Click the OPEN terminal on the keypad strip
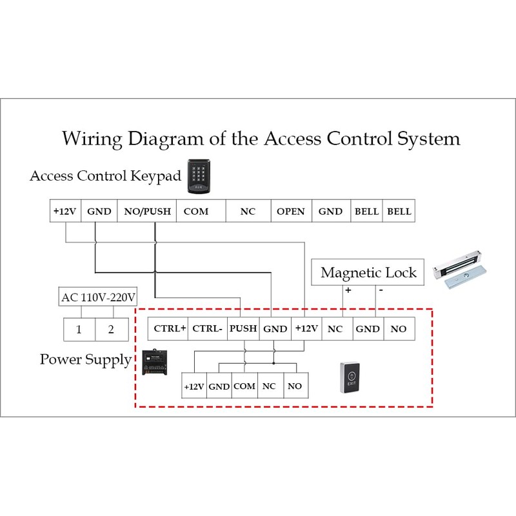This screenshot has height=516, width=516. click(290, 212)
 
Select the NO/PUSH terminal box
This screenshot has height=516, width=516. click(148, 212)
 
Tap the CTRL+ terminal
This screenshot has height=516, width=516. click(170, 329)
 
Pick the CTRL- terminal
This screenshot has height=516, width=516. click(208, 329)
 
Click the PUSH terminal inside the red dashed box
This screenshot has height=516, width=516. click(243, 329)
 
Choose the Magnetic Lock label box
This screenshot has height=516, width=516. click(368, 272)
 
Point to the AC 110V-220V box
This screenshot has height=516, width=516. click(98, 297)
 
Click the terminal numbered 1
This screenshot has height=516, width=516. click(79, 330)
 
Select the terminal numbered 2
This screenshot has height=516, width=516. click(111, 330)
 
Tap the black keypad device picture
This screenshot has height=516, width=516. click(198, 176)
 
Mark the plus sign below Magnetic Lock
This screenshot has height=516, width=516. click(348, 291)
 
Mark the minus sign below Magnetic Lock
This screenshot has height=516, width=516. click(381, 291)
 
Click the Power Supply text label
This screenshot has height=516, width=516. click(85, 359)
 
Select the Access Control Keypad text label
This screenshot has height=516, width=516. click(105, 176)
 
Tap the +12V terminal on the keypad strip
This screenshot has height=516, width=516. click(64, 212)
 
